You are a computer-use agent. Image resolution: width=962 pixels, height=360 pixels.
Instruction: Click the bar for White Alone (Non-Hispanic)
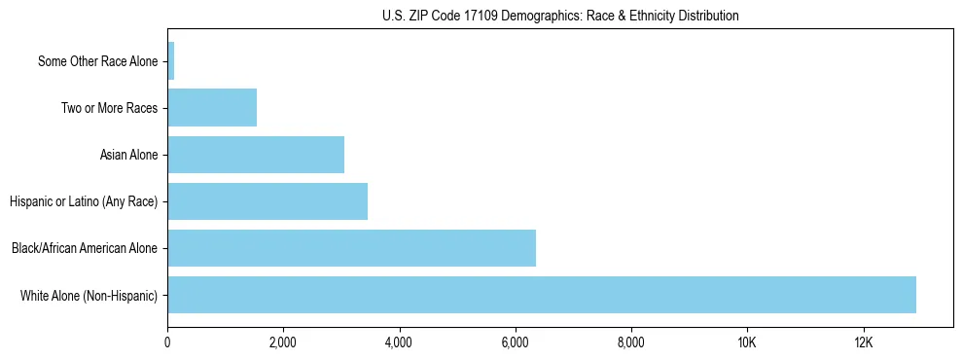tap(542, 295)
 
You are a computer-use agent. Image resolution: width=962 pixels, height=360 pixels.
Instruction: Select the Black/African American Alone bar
tap(351, 248)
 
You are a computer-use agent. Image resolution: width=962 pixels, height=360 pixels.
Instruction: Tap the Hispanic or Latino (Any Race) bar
tap(267, 201)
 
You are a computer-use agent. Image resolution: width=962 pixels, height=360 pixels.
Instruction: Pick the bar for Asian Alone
tap(256, 155)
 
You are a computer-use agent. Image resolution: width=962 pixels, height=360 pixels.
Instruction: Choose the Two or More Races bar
tap(212, 108)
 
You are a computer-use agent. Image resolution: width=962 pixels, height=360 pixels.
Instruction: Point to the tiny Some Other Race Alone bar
tap(171, 61)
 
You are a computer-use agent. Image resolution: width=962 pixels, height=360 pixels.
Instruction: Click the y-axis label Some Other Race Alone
tap(97, 61)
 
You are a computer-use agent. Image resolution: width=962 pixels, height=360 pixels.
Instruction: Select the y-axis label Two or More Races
tap(109, 108)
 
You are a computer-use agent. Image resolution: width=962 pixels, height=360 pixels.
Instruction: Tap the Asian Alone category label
tap(128, 155)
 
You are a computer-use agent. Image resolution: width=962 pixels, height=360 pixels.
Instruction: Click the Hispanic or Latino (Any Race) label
tap(83, 201)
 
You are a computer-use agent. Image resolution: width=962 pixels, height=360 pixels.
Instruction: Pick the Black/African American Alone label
tap(84, 248)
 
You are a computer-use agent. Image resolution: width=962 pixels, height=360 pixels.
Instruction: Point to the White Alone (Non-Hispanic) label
tap(89, 295)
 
